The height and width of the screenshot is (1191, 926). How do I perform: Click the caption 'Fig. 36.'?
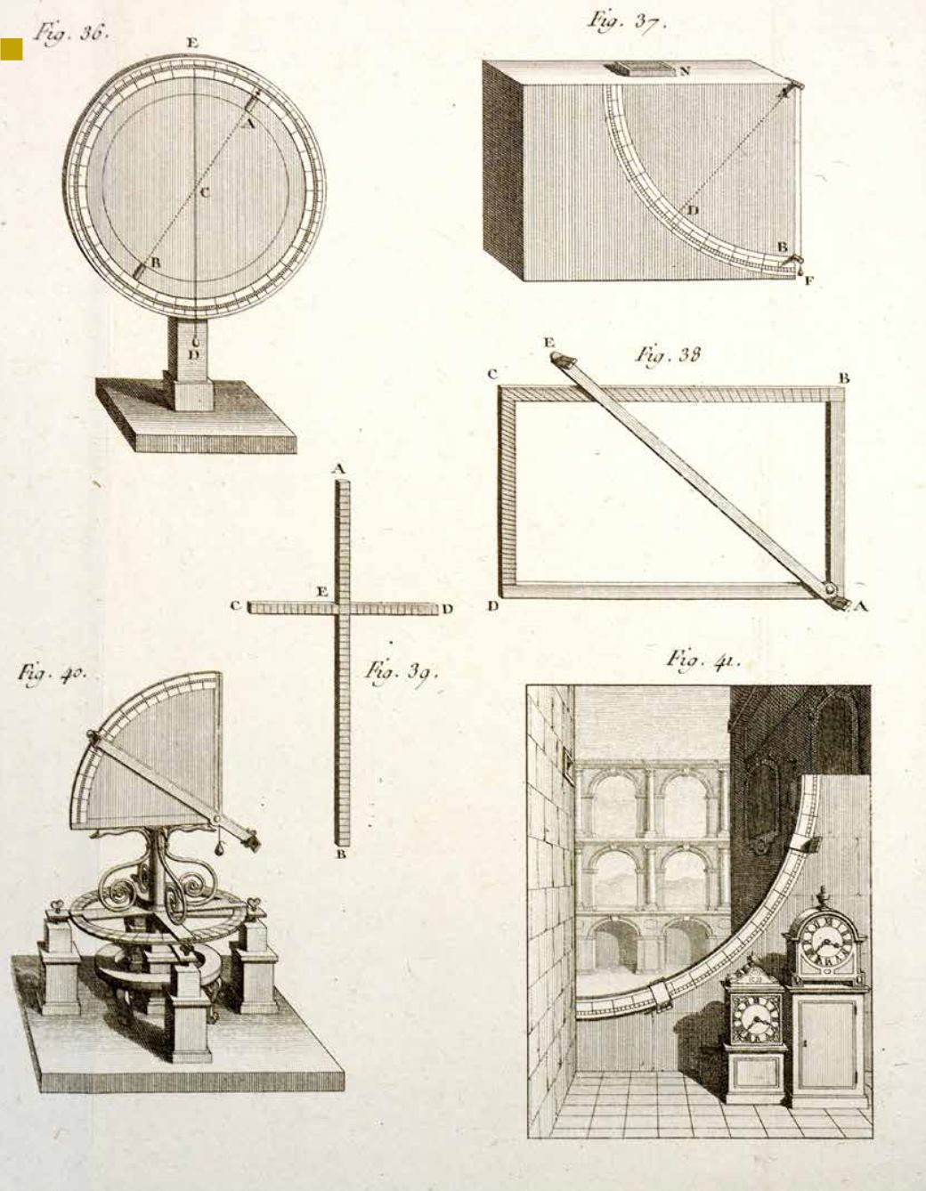[69, 33]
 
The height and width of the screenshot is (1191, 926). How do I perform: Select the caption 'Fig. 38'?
[668, 355]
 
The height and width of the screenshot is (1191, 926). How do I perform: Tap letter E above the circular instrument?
[192, 43]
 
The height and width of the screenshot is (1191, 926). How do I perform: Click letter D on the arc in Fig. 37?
[691, 210]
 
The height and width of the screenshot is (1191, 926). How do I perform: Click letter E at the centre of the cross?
[321, 591]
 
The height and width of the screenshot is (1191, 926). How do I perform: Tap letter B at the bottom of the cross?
[339, 855]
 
